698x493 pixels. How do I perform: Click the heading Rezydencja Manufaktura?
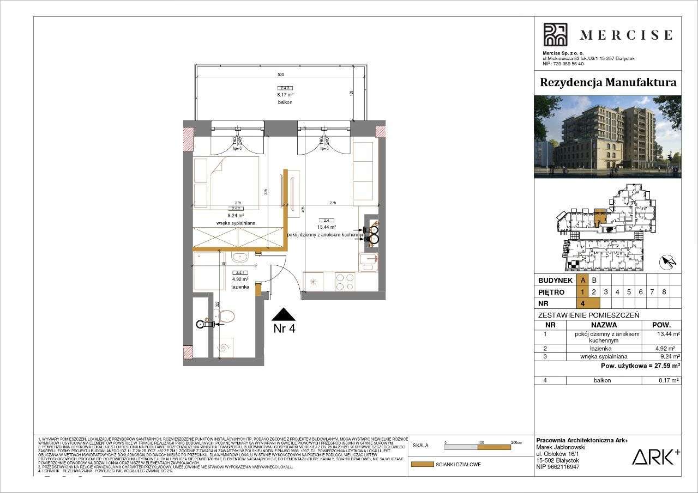click(607, 83)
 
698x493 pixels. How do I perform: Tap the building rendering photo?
click(607, 137)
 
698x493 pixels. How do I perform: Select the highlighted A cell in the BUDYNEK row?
click(583, 280)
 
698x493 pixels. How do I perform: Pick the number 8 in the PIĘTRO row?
click(664, 291)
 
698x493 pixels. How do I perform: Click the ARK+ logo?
click(655, 457)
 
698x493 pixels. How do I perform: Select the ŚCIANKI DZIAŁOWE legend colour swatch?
click(422, 465)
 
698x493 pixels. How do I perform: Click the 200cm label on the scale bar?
click(516, 442)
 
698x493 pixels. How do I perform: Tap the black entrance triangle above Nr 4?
click(284, 314)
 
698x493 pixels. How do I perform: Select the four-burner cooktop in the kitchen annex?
click(344, 281)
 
